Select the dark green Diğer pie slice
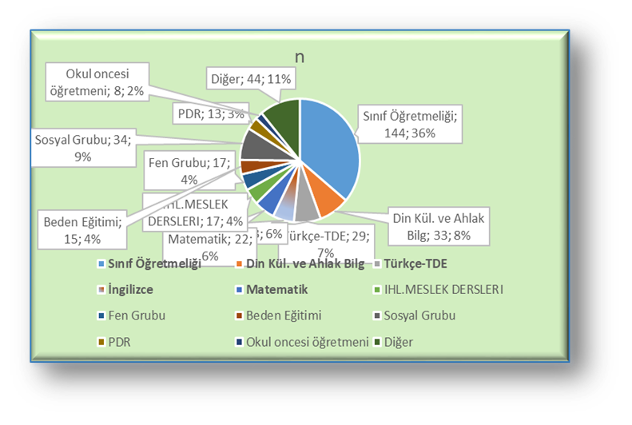click(281, 117)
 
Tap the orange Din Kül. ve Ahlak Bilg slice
click(327, 201)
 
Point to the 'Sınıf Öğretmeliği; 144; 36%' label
click(405, 123)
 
